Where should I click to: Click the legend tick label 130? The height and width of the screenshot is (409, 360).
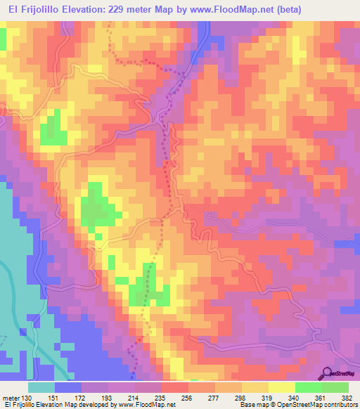tap(26, 397)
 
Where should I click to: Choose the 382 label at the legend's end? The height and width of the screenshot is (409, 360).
tap(346, 397)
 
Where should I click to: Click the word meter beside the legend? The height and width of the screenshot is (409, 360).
tap(10, 397)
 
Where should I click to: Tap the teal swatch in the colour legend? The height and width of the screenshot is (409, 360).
tap(41, 387)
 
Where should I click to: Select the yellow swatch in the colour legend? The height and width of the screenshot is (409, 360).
tap(281, 387)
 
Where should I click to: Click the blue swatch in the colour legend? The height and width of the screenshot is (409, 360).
tap(68, 387)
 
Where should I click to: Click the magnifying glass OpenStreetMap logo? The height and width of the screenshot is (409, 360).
tap(328, 373)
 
